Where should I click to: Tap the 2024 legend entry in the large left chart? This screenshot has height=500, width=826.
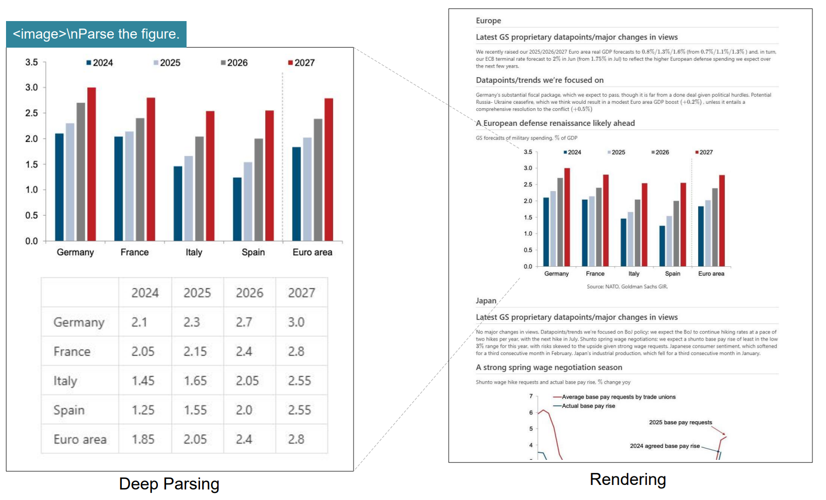click(x=100, y=63)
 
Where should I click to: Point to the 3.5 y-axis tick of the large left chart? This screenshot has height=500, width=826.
click(x=32, y=62)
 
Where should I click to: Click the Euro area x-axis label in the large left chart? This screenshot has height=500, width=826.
click(x=312, y=252)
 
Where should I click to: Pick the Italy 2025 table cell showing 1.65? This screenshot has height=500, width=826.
click(x=195, y=381)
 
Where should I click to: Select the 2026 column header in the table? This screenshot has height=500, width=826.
click(x=249, y=293)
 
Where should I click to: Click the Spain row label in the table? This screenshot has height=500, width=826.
click(x=69, y=410)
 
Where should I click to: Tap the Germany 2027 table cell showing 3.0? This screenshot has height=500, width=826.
click(x=296, y=322)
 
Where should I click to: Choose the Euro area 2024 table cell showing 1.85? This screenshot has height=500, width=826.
click(x=143, y=439)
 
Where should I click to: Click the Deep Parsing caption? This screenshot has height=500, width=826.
click(x=169, y=484)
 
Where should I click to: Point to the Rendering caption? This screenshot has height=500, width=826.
click(x=627, y=479)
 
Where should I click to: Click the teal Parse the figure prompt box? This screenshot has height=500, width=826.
click(x=96, y=34)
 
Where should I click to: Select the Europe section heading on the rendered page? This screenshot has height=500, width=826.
click(x=488, y=21)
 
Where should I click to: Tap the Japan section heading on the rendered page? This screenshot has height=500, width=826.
click(x=485, y=301)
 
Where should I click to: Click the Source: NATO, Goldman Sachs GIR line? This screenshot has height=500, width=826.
click(x=627, y=287)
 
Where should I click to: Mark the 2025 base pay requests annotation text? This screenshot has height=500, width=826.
click(x=680, y=422)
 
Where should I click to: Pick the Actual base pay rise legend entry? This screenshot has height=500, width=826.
click(x=588, y=406)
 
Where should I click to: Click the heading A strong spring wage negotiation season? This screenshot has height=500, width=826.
click(x=549, y=368)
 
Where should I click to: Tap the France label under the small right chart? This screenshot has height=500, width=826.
click(x=595, y=274)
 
